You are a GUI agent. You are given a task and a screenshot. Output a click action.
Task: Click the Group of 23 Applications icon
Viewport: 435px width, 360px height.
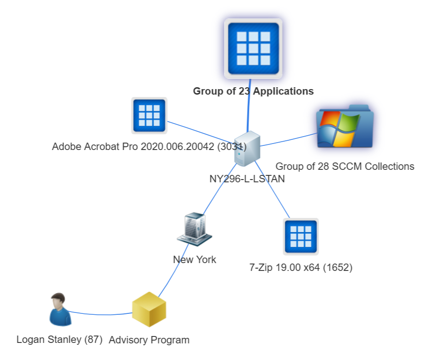tap(253, 48)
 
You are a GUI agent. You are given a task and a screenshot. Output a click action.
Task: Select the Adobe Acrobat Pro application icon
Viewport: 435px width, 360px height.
tap(149, 115)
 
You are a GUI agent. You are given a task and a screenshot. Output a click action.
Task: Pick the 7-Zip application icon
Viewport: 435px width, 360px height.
tap(301, 236)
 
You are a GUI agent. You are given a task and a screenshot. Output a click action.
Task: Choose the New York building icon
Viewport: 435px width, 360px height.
tap(194, 228)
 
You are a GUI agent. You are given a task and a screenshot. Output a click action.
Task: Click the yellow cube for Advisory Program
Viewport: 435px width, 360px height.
tap(149, 309)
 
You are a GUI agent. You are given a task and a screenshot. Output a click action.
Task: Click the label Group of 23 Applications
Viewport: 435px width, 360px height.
tap(253, 91)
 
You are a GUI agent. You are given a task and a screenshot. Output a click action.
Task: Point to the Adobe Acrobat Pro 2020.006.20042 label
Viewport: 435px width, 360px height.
tap(149, 147)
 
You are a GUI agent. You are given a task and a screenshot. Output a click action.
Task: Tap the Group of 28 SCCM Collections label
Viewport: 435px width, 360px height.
tap(344, 166)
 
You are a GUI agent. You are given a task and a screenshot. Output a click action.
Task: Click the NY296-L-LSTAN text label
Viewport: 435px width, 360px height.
tap(247, 179)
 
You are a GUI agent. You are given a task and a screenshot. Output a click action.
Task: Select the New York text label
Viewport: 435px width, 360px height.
tap(194, 259)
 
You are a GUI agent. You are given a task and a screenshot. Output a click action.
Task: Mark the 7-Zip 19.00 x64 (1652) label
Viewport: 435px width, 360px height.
tap(301, 267)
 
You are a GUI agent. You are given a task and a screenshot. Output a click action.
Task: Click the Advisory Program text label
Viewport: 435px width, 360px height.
tap(149, 340)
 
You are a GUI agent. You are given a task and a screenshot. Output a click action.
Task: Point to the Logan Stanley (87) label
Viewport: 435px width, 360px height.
tap(59, 340)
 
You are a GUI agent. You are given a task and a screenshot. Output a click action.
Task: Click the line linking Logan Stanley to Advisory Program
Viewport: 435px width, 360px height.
tap(102, 314)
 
